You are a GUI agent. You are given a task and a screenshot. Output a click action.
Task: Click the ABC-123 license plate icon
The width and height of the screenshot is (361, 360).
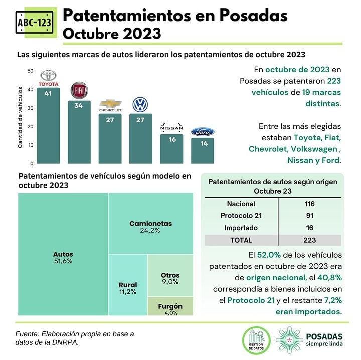coord(32,24)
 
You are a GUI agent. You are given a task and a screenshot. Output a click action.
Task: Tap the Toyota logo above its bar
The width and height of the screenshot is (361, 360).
coord(49,77)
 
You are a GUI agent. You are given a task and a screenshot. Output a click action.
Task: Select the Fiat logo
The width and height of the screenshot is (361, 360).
coord(79,91)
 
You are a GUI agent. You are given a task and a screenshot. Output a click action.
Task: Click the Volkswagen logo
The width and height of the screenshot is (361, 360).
coord(140,105)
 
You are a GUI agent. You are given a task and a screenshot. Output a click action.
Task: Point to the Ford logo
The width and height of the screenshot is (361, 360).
coord(203,132)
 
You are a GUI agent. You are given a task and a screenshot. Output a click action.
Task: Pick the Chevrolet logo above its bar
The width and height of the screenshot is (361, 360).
coord(110,105)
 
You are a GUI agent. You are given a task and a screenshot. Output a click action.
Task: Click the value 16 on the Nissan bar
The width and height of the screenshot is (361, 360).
coord(172,139)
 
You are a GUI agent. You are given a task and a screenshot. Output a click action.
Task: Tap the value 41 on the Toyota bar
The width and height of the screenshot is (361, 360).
coord(48,93)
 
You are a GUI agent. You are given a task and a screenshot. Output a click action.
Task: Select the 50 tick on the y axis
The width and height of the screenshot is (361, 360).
coord(30,71)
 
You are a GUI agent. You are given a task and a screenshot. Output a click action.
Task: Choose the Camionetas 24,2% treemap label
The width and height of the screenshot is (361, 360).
coord(150,227)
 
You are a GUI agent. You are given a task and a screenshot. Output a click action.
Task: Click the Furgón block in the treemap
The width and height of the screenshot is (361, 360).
coord(170,306)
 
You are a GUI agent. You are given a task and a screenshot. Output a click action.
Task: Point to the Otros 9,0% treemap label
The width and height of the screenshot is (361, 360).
coord(170,278)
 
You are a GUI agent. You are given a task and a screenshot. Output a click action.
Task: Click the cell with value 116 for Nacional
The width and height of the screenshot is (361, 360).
coord(309,204)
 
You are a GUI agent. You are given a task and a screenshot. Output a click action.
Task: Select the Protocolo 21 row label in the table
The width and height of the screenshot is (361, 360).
coord(241,216)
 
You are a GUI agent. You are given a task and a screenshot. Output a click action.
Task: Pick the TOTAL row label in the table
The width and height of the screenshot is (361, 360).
coord(241,240)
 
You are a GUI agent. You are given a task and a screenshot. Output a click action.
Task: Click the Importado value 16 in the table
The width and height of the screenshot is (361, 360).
coord(309,228)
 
